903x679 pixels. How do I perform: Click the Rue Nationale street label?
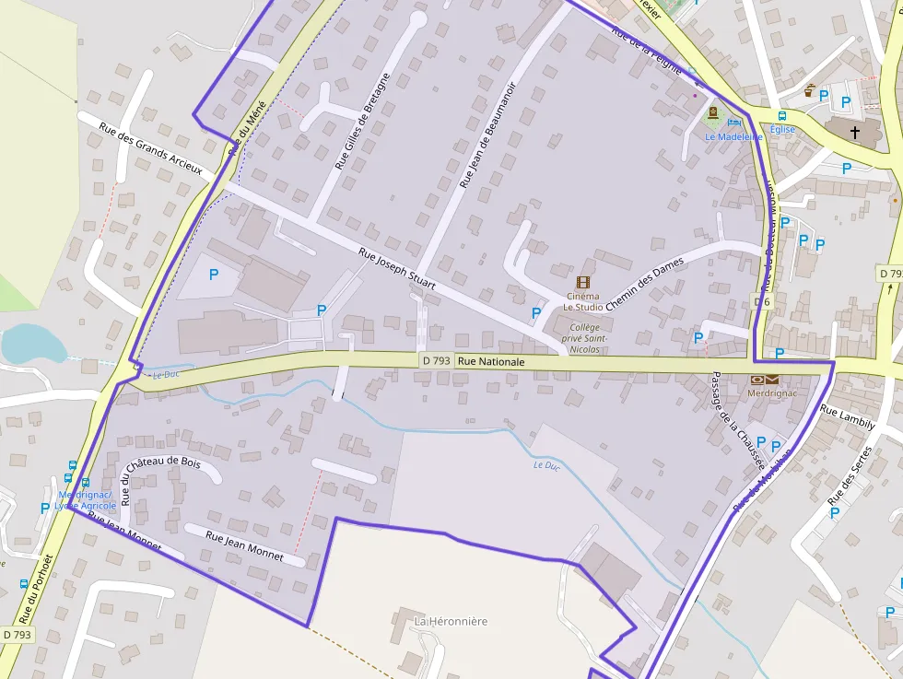tap(491, 362)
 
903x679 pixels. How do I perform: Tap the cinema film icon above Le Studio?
tap(582, 283)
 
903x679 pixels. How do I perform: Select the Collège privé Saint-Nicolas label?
tap(584, 338)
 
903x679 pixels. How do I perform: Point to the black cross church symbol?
tap(854, 133)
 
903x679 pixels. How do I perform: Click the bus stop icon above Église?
tap(781, 116)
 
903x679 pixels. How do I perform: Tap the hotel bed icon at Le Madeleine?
tap(734, 122)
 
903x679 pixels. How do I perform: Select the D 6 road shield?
tap(761, 301)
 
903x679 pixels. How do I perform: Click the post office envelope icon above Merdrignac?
tap(764, 380)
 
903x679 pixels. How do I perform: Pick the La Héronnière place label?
tap(451, 621)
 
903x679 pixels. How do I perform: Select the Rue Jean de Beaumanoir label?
tap(487, 135)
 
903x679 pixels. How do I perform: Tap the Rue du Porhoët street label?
tap(36, 589)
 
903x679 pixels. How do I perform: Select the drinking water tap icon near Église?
tap(809, 90)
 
